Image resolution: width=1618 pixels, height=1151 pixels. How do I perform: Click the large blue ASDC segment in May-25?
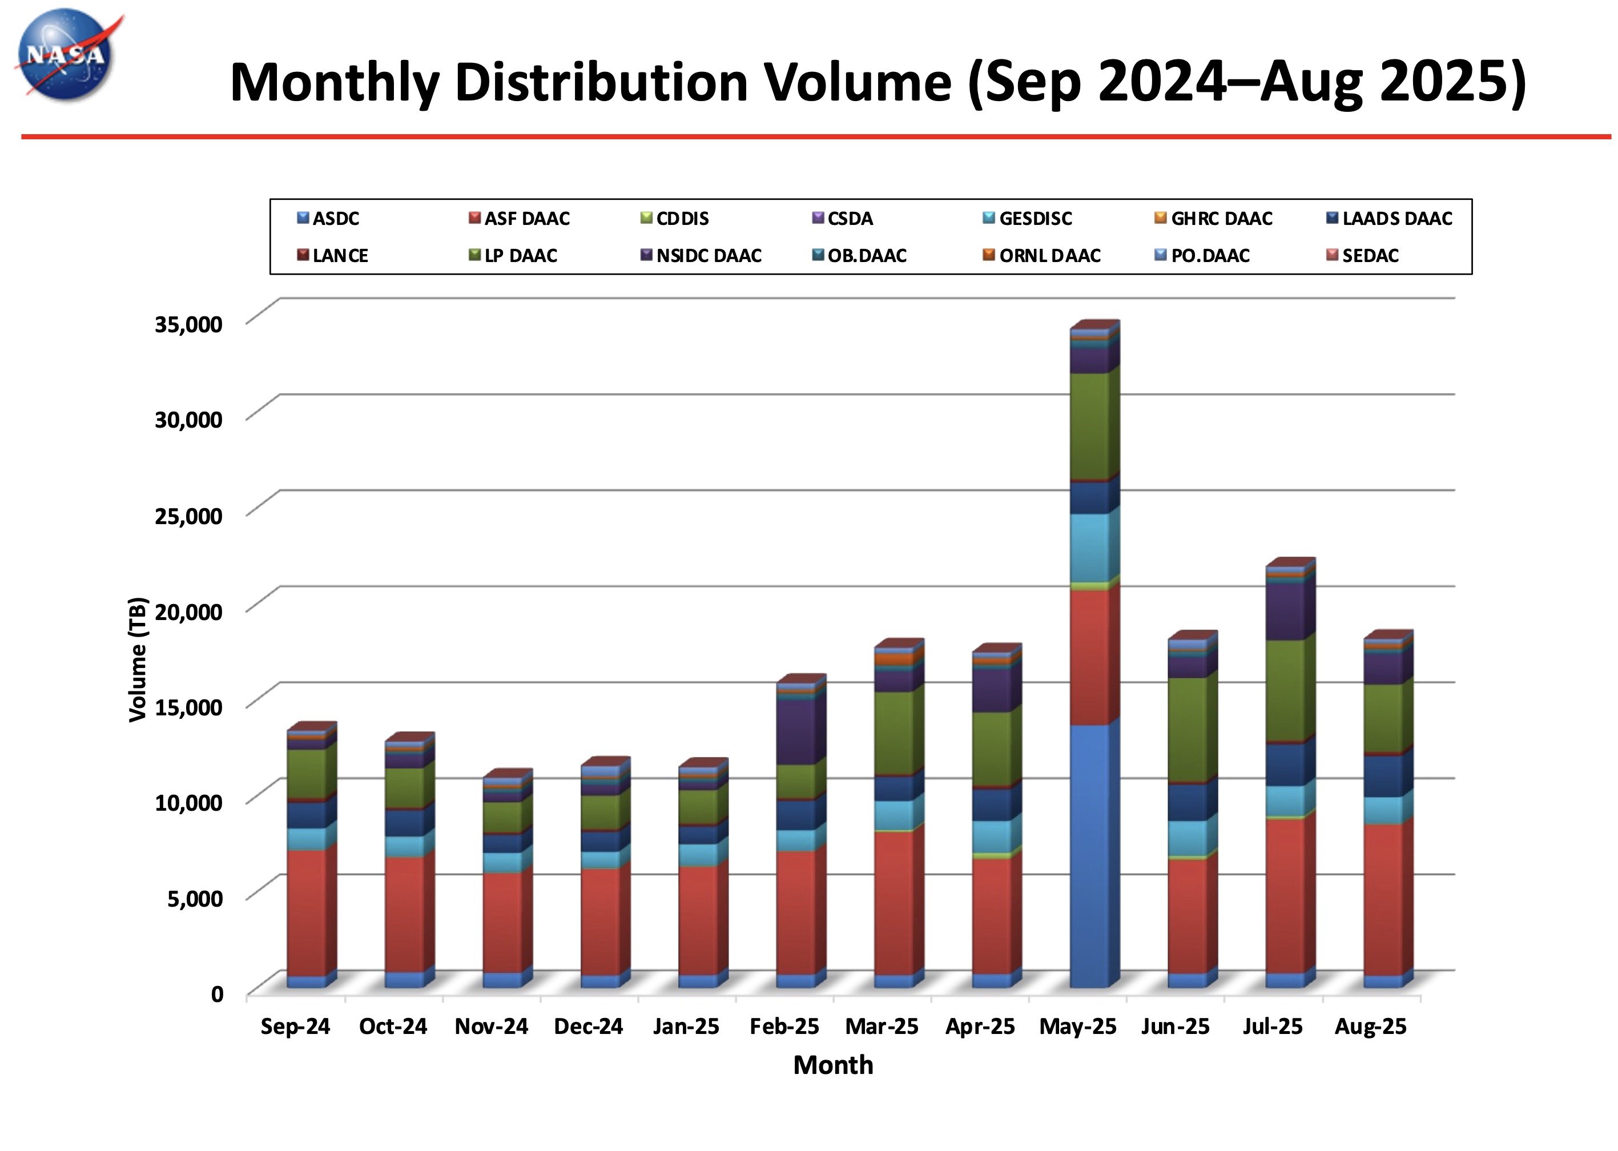[1089, 855]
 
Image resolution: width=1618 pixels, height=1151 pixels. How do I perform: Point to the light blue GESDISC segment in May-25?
[1089, 547]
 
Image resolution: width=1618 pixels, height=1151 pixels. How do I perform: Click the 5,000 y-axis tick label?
[194, 898]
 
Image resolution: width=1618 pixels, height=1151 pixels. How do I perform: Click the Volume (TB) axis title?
[138, 659]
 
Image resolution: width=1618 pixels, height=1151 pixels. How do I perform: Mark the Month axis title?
[833, 1065]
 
